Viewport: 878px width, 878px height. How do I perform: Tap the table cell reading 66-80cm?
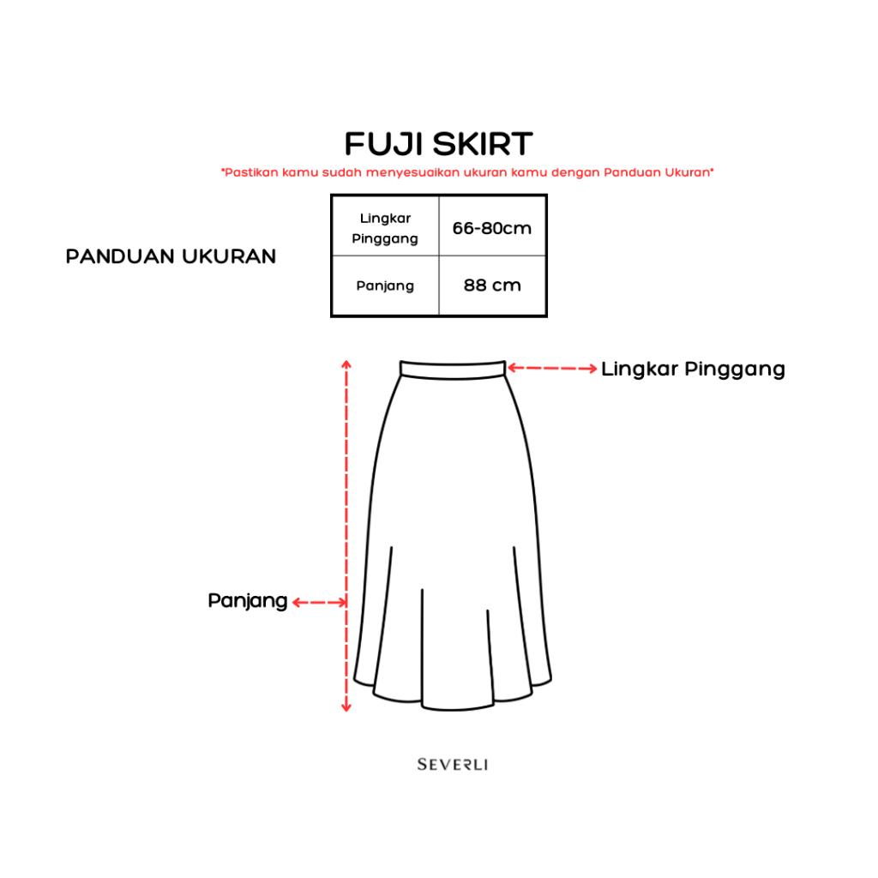pos(492,228)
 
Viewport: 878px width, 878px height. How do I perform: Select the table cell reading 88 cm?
pos(492,286)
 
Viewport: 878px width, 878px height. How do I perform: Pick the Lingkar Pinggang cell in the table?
pos(385,228)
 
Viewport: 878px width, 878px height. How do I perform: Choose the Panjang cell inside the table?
pos(385,286)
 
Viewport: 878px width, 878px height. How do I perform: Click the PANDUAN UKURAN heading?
pos(171,256)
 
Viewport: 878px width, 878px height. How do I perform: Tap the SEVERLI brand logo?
pos(453,764)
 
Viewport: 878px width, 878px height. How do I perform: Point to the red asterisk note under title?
pos(467,172)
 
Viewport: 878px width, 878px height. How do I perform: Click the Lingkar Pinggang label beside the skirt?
pos(693,370)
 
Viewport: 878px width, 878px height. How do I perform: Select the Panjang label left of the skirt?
pos(247,601)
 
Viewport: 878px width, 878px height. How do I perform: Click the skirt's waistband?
pos(453,369)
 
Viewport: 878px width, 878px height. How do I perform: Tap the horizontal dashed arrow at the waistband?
pos(553,369)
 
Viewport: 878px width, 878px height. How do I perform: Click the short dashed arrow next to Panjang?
pos(319,602)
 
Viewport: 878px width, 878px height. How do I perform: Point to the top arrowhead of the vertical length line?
pos(346,364)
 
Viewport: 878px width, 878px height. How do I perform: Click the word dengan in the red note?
pos(575,172)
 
